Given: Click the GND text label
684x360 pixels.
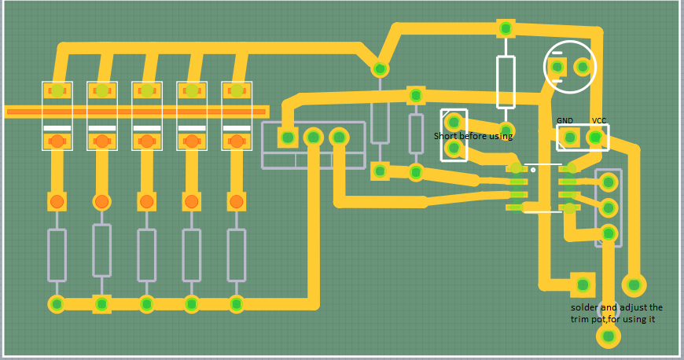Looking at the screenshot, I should point(564,120).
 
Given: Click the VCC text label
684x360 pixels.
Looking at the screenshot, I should point(599,120).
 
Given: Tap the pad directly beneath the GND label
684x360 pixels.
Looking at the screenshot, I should point(570,138).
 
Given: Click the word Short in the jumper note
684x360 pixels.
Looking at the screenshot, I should point(446,136).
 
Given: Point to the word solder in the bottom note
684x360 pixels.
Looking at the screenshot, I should point(584,307).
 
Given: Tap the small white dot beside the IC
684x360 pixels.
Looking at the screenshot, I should point(533,169).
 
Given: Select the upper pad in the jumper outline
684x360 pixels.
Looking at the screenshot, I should point(453,122).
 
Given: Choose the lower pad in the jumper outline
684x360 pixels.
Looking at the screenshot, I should point(453,147).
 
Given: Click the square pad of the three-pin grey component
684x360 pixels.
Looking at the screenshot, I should point(288,138).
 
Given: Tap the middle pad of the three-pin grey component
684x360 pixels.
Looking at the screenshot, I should point(314,138).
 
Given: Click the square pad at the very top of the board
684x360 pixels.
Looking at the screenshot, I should point(506,28).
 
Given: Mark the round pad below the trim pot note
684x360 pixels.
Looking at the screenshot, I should point(607,336).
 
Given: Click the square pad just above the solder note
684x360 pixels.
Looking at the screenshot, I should point(582,284).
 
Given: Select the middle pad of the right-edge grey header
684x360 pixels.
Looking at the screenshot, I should point(608,208).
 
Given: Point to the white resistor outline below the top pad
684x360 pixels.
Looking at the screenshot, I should point(506,81).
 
